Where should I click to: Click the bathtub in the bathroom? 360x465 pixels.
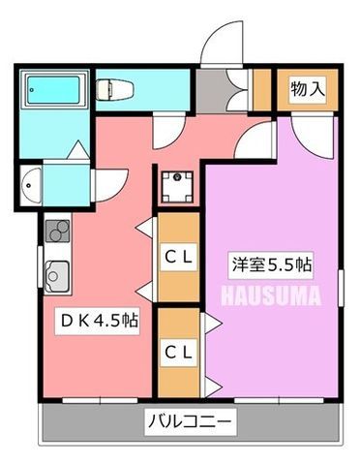click(x=53, y=90)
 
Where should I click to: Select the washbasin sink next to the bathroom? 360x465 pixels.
click(x=31, y=185)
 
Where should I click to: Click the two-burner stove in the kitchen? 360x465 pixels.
click(x=58, y=231)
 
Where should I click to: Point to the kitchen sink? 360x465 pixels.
click(x=57, y=276)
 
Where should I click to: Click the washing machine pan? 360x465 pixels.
click(x=177, y=187)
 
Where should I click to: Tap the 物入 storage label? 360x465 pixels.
click(x=308, y=89)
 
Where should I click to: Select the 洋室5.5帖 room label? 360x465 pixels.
click(x=271, y=265)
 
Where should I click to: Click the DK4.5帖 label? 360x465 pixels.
click(x=99, y=321)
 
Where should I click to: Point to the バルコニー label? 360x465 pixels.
click(x=191, y=421)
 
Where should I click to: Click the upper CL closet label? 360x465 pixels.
click(x=178, y=258)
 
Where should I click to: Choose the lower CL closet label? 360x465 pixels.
click(x=178, y=353)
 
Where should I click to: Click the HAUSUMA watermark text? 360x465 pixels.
click(x=272, y=295)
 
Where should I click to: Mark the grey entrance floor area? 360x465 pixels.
click(x=212, y=91)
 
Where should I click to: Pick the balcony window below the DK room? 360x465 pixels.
click(x=100, y=401)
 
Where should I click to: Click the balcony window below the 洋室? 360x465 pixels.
click(x=279, y=401)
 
